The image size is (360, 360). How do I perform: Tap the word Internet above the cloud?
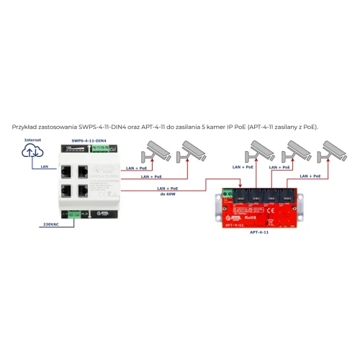tap(32, 140)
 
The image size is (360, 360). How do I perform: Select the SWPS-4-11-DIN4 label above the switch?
tap(90, 140)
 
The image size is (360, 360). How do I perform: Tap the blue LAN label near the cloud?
tap(44, 166)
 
